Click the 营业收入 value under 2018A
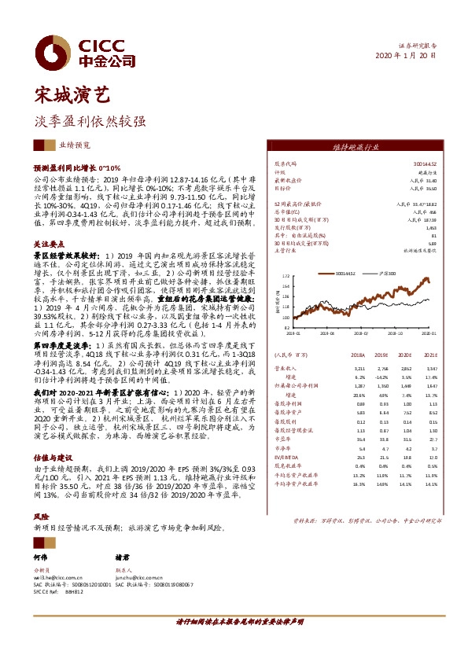pyautogui.click(x=361, y=368)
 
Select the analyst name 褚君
pyautogui.click(x=122, y=556)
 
